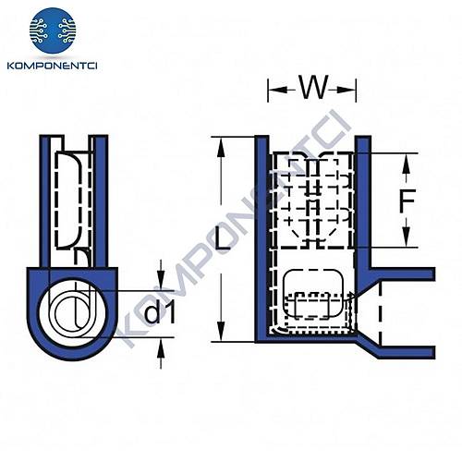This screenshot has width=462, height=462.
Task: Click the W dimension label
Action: coord(311,90)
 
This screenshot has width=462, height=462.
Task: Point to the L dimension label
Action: coord(221,242)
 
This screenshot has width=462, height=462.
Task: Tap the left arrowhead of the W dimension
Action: coord(273,90)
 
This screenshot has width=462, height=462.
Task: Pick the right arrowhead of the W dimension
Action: coord(352,90)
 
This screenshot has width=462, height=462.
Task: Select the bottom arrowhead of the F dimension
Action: coord(404,242)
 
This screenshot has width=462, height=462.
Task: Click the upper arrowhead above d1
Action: coord(162,283)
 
